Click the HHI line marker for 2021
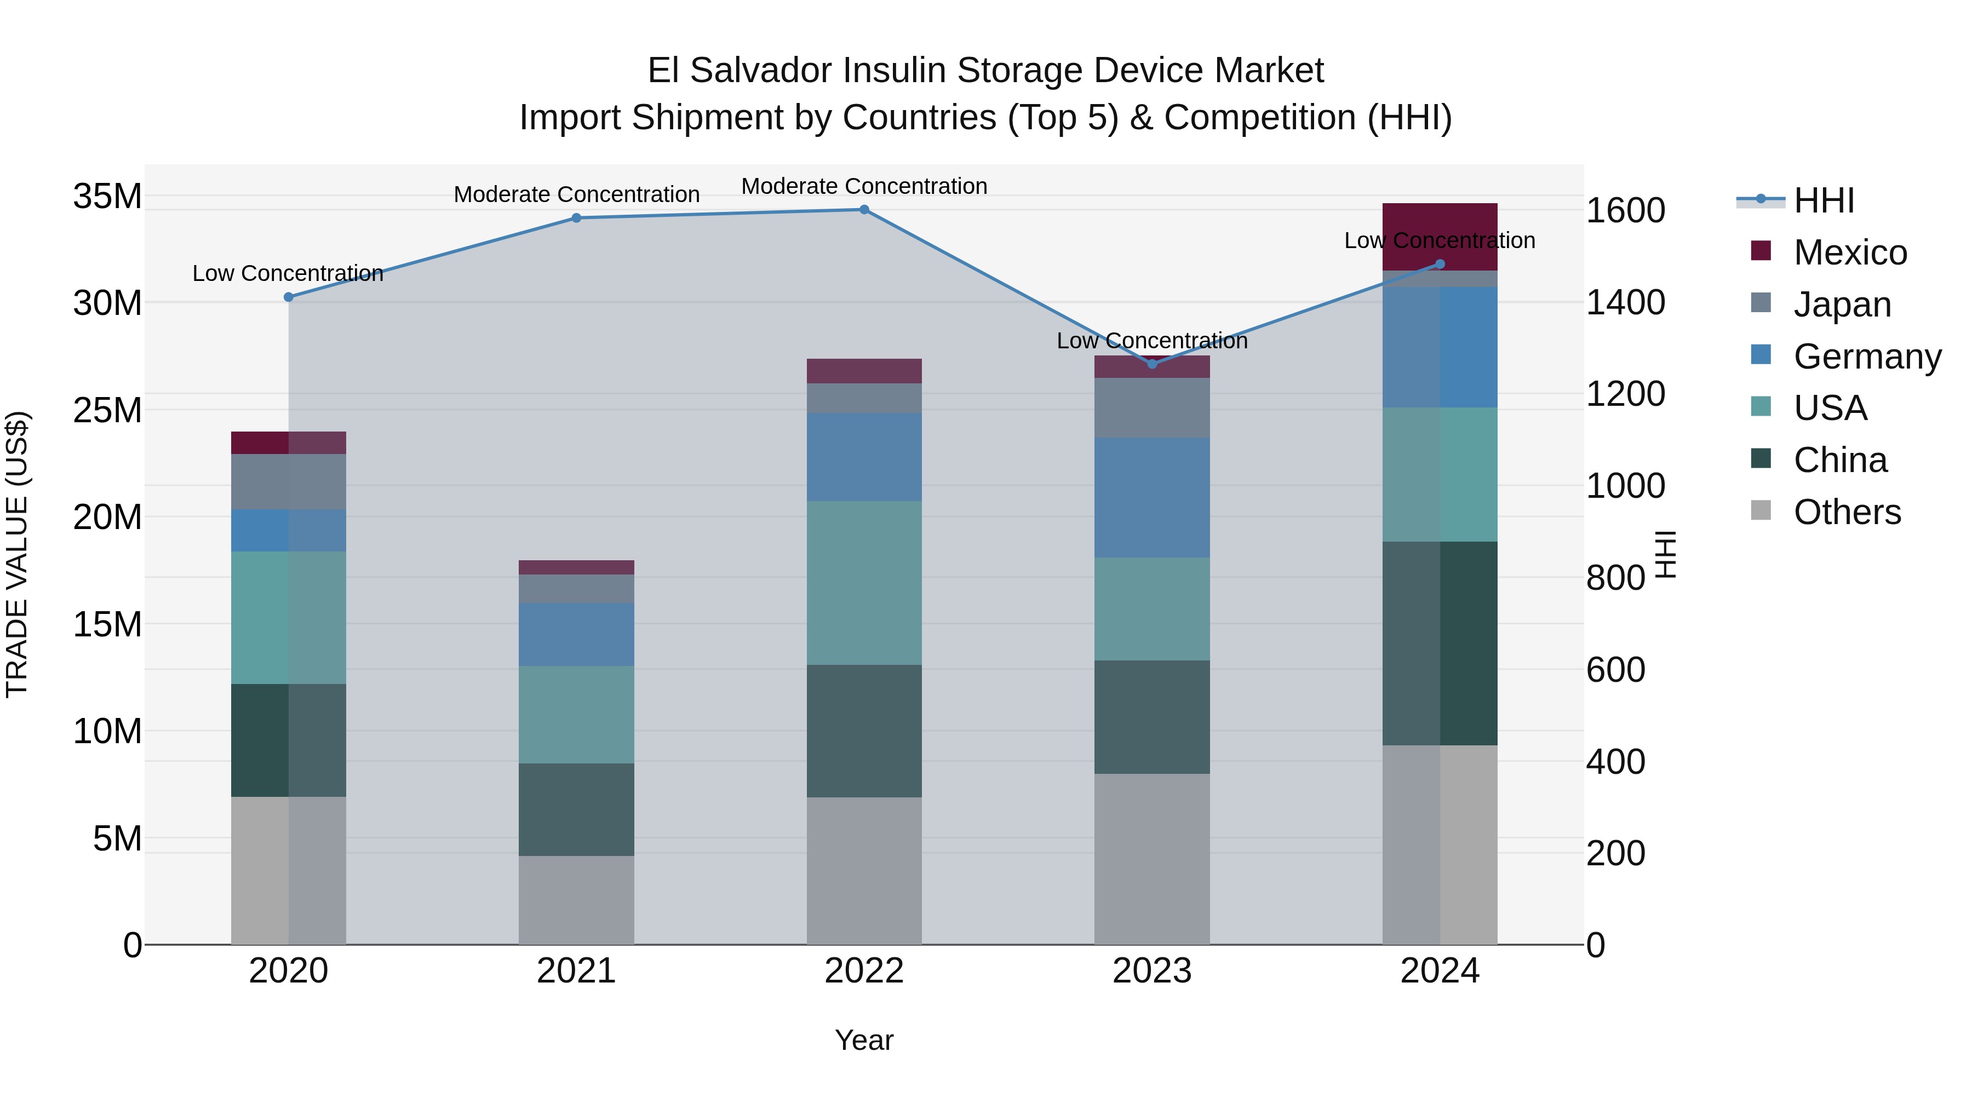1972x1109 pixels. pos(576,218)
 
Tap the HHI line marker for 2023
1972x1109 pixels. pos(1152,364)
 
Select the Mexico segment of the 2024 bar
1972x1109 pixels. pos(1439,237)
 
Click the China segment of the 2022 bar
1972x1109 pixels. pos(864,731)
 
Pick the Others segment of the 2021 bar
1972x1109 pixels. pos(576,899)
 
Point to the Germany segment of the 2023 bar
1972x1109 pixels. pos(1152,497)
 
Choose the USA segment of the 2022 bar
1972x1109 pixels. pos(864,583)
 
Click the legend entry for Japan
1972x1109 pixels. pos(1842,304)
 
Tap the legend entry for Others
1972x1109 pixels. pos(1847,512)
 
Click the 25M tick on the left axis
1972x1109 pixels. pos(107,411)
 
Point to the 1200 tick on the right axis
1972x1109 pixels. pos(1625,394)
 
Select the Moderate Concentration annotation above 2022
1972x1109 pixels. pos(864,186)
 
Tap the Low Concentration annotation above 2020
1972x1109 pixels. pos(288,273)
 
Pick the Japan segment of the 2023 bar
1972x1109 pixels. pos(1152,408)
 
